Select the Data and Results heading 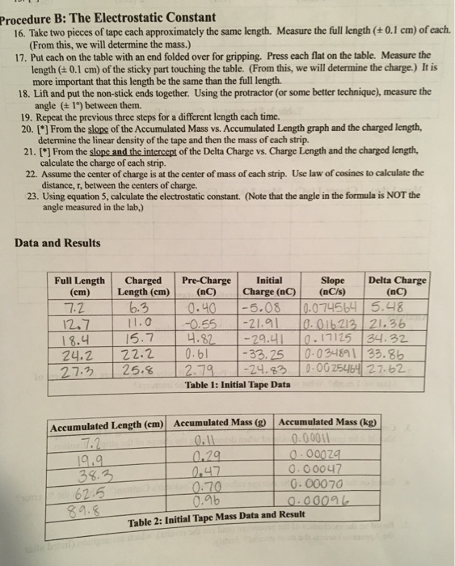pos(57,243)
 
